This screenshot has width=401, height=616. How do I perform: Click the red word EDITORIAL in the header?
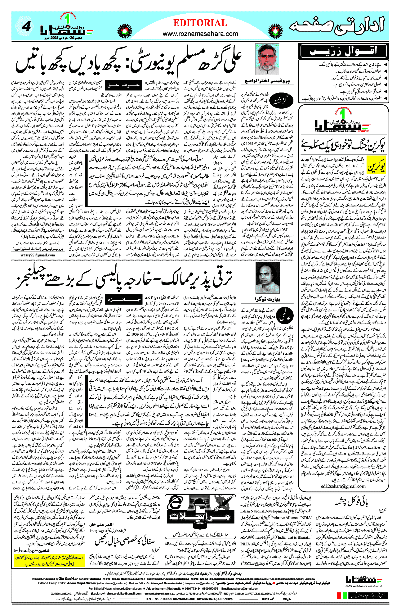pos(200,23)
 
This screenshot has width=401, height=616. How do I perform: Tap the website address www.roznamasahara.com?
pos(200,34)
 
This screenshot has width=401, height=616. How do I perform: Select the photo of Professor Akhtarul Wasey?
pos(267,59)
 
